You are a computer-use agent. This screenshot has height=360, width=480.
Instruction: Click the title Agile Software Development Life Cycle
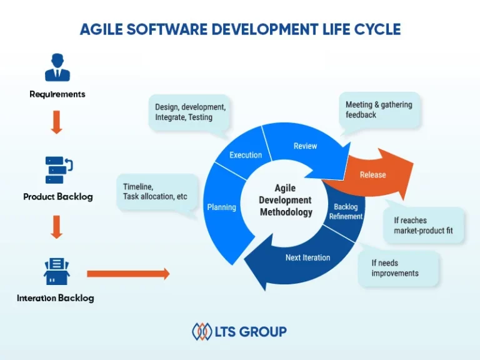point(240,29)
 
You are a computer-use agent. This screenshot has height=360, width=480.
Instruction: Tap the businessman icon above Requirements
point(57,67)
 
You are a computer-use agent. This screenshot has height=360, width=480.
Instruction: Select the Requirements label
point(57,94)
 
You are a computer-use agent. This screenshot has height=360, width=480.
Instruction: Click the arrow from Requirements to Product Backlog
point(57,122)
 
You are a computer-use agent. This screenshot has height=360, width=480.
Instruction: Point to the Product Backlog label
point(57,197)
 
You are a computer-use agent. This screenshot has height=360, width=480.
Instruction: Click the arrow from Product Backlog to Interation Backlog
point(57,226)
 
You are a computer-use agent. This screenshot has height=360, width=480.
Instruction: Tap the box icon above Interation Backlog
point(56,270)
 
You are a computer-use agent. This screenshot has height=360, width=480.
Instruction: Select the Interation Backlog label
point(56,298)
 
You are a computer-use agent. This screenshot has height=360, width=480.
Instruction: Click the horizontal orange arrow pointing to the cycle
point(127,274)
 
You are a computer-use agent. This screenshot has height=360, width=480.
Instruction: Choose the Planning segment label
point(221,207)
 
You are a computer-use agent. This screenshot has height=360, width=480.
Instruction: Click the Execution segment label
point(246,155)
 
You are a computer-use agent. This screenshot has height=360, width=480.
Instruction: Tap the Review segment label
point(305,146)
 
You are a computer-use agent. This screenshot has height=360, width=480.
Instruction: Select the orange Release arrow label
point(372,175)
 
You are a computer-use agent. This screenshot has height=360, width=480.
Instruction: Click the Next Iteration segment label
point(307,257)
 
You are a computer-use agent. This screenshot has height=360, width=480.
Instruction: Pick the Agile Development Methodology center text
point(285,200)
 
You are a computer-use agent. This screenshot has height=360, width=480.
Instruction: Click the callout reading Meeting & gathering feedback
point(379,110)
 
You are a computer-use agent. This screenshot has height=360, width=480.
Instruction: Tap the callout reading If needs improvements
point(397,268)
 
